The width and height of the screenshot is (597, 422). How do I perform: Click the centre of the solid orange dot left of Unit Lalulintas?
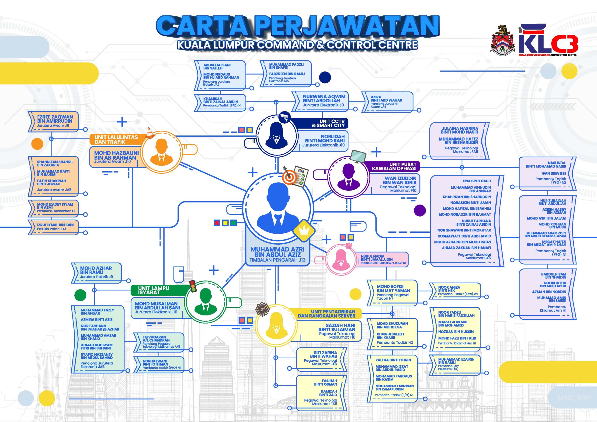pyautogui.click(x=37, y=144)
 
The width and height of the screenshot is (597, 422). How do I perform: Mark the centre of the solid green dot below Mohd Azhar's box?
pyautogui.click(x=80, y=295)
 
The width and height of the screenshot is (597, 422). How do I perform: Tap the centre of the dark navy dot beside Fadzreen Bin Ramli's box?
pyautogui.click(x=325, y=77)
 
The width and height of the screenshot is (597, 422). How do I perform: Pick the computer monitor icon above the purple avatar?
pyautogui.click(x=358, y=156)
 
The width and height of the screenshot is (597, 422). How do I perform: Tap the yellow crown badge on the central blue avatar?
pyautogui.click(x=304, y=230)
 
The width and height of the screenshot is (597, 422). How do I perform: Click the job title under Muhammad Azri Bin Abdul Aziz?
pyautogui.click(x=278, y=260)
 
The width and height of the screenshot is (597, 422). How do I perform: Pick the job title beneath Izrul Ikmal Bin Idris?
pyautogui.click(x=52, y=229)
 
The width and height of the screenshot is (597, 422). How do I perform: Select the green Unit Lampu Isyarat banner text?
pyautogui.click(x=153, y=290)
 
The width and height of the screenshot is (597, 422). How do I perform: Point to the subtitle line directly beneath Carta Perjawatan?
pyautogui.click(x=297, y=45)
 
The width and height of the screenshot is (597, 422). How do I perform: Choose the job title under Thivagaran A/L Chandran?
pyautogui.click(x=161, y=345)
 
